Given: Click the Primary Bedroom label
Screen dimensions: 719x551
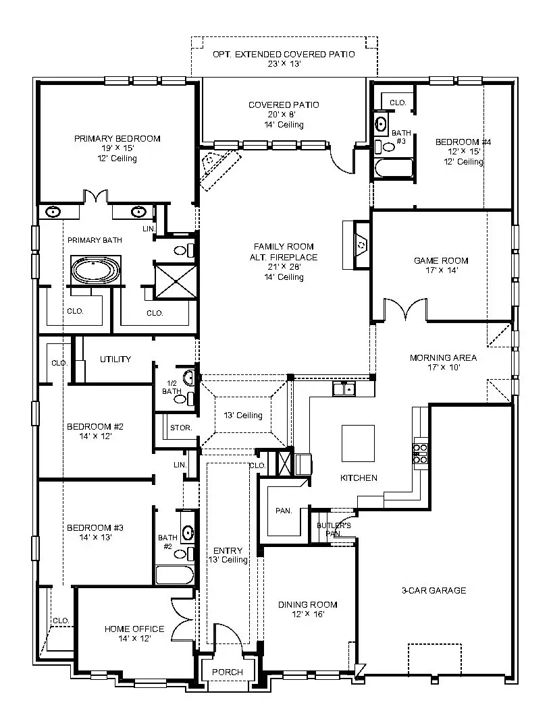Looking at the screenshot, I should (117, 139).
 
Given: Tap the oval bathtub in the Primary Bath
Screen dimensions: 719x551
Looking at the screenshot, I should (96, 271).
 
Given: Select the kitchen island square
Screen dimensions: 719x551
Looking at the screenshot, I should (358, 442).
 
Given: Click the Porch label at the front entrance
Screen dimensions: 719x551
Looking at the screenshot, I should (228, 672).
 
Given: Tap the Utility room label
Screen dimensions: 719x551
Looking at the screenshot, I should (115, 359).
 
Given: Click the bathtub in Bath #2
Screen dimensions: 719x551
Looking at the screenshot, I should (175, 575).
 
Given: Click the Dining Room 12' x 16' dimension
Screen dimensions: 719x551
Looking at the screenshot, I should (307, 614).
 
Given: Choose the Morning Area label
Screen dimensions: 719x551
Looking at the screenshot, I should (443, 357).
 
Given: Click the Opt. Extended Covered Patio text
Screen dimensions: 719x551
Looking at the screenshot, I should (284, 55).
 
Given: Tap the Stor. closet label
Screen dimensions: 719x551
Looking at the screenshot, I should (182, 428).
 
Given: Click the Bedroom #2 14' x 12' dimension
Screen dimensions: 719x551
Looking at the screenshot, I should (95, 436).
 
